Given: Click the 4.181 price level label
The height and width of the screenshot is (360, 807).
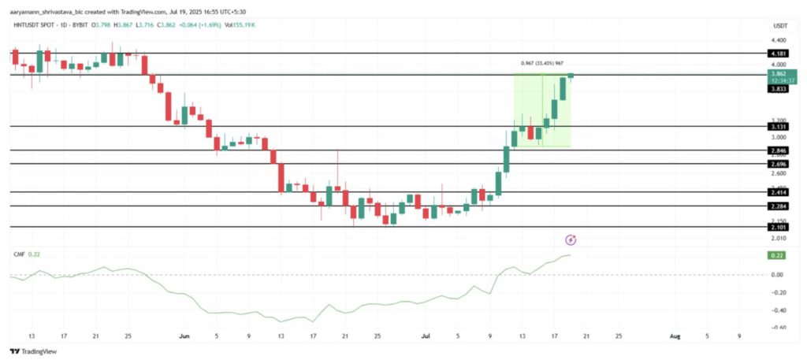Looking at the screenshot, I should (779, 53).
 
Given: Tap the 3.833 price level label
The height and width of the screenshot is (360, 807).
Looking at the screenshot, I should (779, 89).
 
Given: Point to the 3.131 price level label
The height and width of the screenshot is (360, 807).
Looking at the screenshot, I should (779, 126).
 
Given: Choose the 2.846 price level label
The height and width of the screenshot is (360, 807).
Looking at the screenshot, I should (779, 150).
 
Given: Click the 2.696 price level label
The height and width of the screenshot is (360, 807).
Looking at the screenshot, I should (779, 164).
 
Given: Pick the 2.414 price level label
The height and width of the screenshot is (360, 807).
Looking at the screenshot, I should (779, 191).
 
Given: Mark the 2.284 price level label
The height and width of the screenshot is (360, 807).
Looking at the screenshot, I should (779, 206).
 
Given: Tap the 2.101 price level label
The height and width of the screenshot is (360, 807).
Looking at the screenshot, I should (779, 226).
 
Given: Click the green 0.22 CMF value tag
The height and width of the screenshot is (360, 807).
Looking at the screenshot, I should (777, 255).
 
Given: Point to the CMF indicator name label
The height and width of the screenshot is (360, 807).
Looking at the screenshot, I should (16, 254).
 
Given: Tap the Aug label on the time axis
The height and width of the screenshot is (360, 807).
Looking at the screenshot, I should (675, 335).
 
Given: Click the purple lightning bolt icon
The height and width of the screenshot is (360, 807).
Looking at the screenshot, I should (572, 239).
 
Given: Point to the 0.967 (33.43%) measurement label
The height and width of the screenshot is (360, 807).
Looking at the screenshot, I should (542, 63).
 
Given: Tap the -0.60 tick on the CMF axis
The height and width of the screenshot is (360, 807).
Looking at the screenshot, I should (776, 327).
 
